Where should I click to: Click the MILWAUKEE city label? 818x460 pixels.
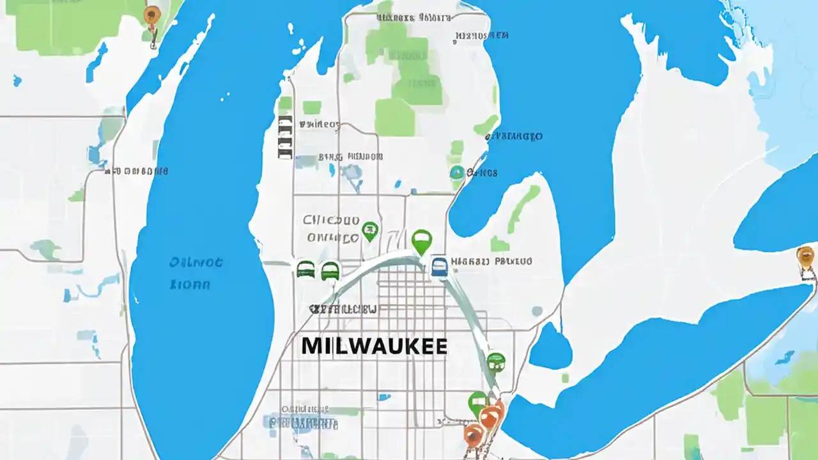click(x=374, y=346)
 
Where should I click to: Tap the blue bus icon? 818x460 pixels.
click(x=439, y=266)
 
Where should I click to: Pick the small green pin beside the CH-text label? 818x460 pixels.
click(x=369, y=231)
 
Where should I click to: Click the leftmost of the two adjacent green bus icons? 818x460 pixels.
click(x=305, y=269)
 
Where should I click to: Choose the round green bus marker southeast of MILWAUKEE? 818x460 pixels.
click(x=496, y=362)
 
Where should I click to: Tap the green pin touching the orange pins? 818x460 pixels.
click(x=477, y=403)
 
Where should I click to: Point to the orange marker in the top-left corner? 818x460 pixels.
click(x=151, y=15)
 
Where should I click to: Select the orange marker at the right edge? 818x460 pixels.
click(x=806, y=257)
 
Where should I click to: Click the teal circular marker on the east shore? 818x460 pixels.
click(x=456, y=172)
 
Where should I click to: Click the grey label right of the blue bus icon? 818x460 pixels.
click(x=491, y=261)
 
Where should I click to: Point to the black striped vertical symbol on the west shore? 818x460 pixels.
click(x=284, y=137)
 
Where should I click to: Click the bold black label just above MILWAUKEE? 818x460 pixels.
click(x=343, y=309)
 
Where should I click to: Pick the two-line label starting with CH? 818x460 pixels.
click(x=331, y=229)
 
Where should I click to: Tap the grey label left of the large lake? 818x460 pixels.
click(x=137, y=171)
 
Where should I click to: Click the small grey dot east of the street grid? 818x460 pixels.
click(x=537, y=311)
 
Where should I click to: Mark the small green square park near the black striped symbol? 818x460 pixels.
click(x=311, y=107)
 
